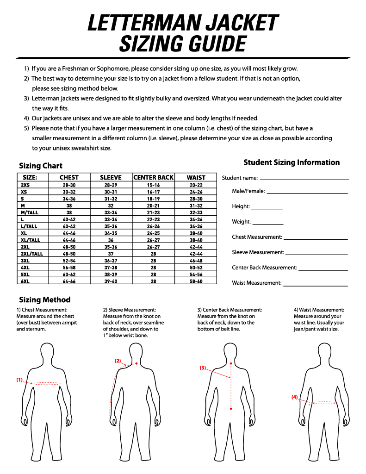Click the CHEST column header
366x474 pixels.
pos(69,177)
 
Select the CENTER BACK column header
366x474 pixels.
pos(153,177)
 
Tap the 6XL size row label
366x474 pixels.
pos(25,281)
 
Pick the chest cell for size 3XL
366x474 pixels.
pos(69,261)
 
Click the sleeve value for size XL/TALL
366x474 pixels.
pos(111,240)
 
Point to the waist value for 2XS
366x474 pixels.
pos(196,185)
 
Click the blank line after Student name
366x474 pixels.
pos(304,179)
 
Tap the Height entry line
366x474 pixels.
pos(267,209)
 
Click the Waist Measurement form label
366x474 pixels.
pos(256,283)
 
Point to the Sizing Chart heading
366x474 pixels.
pos(41,166)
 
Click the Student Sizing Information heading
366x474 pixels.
pos(292,162)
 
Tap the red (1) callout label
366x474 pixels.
pos(19,380)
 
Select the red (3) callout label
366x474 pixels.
pos(203,368)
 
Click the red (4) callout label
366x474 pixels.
pos(295,397)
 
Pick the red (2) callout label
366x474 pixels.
pos(118,361)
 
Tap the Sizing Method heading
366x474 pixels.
pos(44,300)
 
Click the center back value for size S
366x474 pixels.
pos(153,199)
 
